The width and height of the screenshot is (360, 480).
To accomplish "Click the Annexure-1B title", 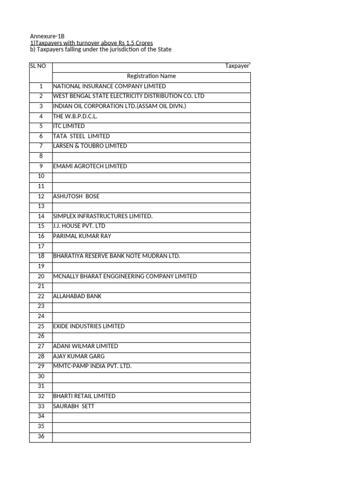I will (47, 36).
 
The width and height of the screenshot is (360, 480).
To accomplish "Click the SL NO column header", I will (37, 66).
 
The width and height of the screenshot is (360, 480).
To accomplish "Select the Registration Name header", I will (151, 76).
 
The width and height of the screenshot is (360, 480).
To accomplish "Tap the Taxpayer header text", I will (237, 66).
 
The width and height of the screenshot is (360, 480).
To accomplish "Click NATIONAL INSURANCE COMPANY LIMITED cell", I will (109, 86).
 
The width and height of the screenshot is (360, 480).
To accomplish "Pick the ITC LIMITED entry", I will (69, 126).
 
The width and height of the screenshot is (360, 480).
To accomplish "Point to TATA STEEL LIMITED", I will (82, 136).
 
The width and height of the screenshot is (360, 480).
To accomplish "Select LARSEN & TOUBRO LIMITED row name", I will (90, 146).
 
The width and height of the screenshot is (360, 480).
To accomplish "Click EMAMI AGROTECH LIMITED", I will (90, 166).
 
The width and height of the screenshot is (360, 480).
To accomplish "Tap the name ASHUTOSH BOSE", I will (76, 196).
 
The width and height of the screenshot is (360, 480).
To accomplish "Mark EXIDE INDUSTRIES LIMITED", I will (89, 326).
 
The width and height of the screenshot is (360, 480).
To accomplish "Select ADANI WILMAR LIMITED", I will (86, 346).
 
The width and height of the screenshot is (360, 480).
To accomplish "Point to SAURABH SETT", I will (74, 406).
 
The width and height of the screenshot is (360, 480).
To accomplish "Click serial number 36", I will (41, 436).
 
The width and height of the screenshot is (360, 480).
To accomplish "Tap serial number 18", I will (41, 256).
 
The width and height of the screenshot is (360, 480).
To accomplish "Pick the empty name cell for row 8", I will (151, 156).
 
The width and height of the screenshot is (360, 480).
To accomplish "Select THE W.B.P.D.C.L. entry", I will (75, 116).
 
